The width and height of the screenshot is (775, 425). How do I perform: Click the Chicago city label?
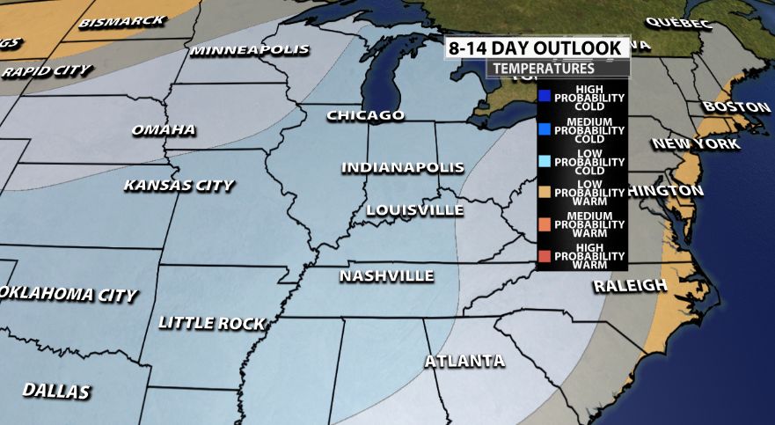coord(365,115)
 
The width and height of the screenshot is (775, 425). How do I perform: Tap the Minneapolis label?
coord(250,50)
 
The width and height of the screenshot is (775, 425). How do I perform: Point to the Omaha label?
coord(163,130)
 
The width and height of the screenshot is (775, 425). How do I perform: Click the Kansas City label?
coord(179,186)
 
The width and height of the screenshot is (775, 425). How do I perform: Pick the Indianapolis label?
coord(402,167)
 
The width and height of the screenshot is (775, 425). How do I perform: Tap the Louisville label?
coord(414,210)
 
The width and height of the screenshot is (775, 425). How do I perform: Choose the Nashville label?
coord(387,276)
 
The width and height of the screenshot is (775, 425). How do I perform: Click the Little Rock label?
coord(211,324)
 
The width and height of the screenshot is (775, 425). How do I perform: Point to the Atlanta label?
coord(464,362)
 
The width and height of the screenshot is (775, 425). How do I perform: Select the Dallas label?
coord(56,390)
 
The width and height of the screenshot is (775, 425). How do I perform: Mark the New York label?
coord(696,143)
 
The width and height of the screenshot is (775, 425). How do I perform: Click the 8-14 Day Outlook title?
coord(537,48)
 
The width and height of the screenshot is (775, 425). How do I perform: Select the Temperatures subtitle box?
coord(543,68)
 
